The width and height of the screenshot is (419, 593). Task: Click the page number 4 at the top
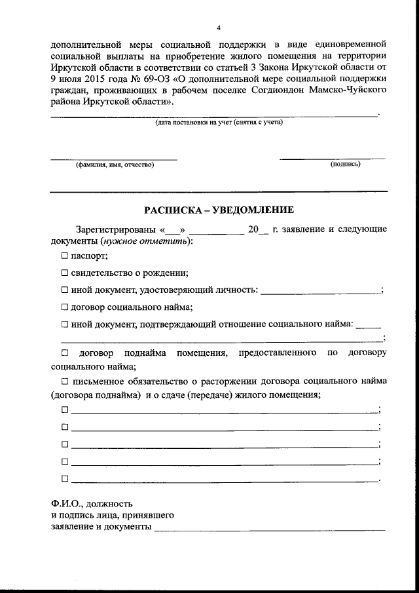pos(219,27)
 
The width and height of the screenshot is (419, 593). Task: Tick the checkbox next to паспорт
pos(65,256)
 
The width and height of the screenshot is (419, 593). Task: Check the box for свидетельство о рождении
pos(65,273)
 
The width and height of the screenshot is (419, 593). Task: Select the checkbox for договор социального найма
pos(65,306)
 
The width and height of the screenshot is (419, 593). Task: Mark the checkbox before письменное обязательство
pos(65,381)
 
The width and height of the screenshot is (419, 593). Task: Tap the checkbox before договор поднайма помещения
pos(65,353)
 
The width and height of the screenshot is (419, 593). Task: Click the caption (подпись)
pos(346,164)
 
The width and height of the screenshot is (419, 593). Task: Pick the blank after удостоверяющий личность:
pos(320,292)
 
